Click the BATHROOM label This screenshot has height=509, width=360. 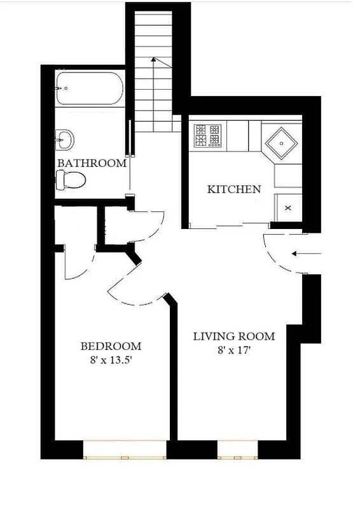(92, 163)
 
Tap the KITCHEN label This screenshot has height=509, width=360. (234, 189)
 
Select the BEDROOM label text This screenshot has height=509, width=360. (111, 346)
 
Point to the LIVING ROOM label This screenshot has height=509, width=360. (233, 336)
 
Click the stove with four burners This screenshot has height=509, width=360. (208, 134)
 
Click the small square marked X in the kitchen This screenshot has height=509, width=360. (287, 207)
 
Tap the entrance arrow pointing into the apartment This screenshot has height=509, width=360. (307, 254)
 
